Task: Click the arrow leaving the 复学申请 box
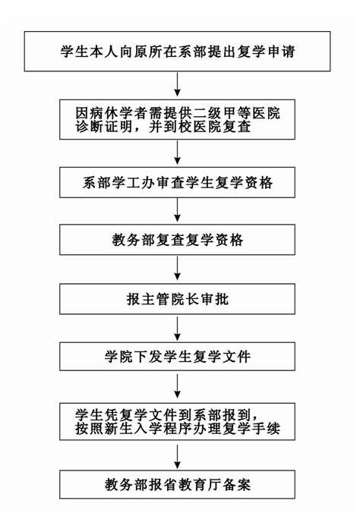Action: (177, 84)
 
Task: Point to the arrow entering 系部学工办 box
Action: (177, 153)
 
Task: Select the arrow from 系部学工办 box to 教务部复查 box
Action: (177, 210)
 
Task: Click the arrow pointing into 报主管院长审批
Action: (177, 269)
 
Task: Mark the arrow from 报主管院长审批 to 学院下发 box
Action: (177, 328)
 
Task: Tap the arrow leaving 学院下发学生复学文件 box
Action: (177, 386)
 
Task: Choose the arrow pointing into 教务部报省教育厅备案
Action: (177, 457)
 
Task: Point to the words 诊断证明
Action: (103, 127)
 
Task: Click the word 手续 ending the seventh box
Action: (267, 428)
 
